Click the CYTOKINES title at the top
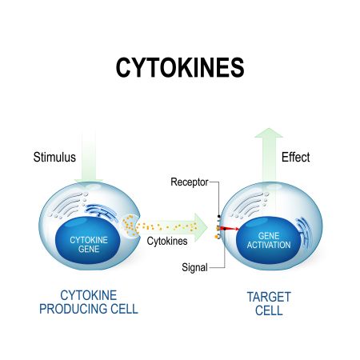click(180, 68)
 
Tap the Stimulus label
click(54, 157)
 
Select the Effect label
click(295, 157)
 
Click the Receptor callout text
click(190, 182)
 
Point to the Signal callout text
click(194, 267)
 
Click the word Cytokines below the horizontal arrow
click(167, 241)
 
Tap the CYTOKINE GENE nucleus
click(88, 241)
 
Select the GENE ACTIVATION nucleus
click(268, 240)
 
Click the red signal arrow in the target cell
click(231, 229)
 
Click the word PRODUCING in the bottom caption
click(74, 309)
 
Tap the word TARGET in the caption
click(269, 297)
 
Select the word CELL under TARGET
click(269, 310)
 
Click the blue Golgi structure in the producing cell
click(102, 212)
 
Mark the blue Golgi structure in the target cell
click(304, 230)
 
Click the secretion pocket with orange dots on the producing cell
click(130, 226)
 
